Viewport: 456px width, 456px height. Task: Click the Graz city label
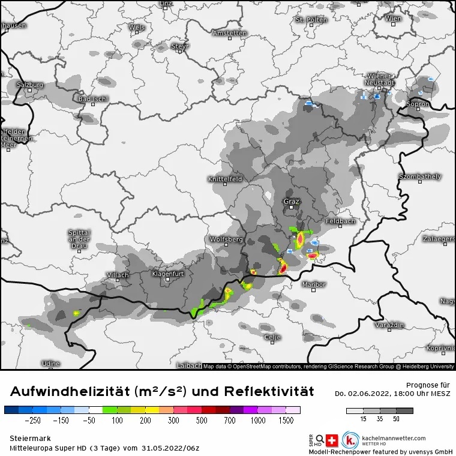291,202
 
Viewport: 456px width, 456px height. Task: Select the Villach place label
117,275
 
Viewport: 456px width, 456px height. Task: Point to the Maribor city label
313,284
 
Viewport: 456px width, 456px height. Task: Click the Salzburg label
30,85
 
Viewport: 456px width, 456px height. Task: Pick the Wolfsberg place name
226,239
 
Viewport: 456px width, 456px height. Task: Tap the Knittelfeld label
224,179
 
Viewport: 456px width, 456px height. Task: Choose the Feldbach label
340,221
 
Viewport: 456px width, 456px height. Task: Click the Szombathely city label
420,176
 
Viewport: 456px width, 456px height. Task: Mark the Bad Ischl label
93,98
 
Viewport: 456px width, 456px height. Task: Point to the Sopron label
418,104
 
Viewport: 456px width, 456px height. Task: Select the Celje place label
272,337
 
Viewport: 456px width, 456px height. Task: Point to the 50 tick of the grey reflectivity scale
396,420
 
